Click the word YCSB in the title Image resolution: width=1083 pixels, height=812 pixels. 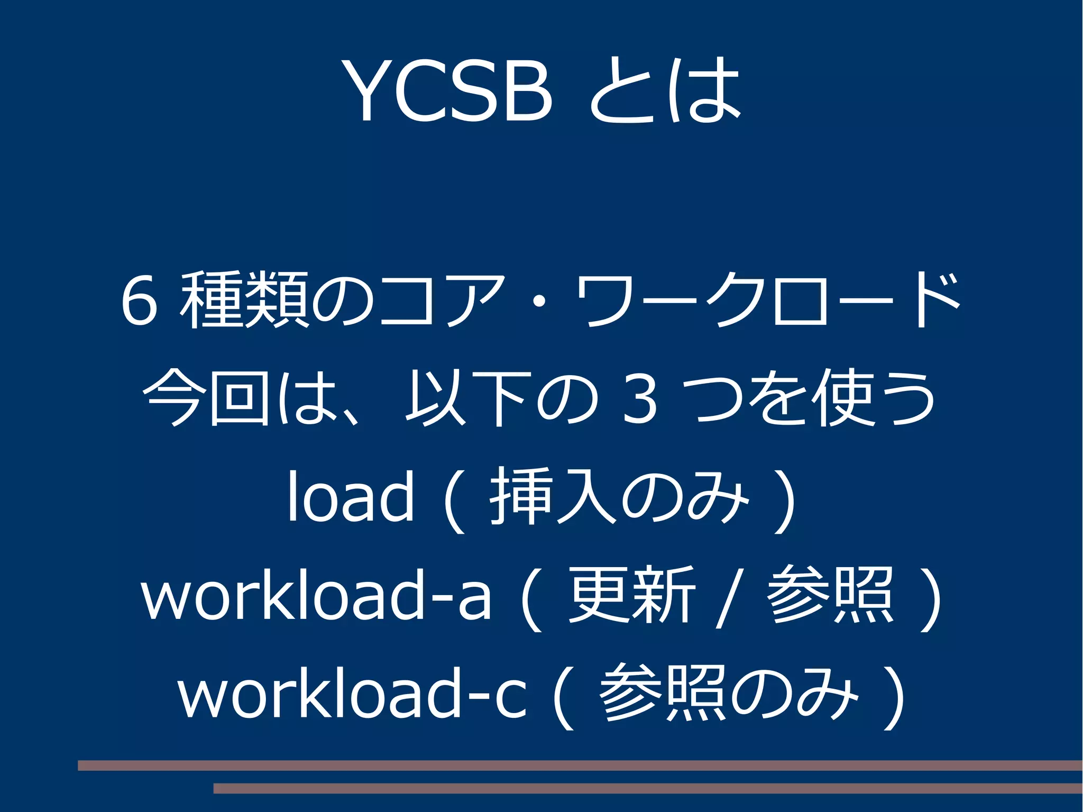click(x=448, y=90)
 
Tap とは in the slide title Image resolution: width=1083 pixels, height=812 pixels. click(x=665, y=90)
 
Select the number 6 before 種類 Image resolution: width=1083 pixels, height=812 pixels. click(x=139, y=300)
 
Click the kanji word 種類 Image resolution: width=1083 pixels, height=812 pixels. click(x=245, y=299)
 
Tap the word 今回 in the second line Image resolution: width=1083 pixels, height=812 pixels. click(x=206, y=398)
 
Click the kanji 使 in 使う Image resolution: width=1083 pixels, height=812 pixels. click(x=843, y=398)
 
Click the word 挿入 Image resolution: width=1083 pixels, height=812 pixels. click(x=553, y=496)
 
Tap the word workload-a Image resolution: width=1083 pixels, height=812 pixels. click(x=316, y=595)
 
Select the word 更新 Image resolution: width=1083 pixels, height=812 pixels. click(x=631, y=595)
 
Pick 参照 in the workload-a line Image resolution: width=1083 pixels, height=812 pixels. click(x=830, y=595)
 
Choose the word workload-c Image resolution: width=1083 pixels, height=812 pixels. click(x=352, y=693)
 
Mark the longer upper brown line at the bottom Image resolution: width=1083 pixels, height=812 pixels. click(x=580, y=765)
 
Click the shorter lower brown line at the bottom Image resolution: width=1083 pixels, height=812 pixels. click(x=648, y=789)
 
